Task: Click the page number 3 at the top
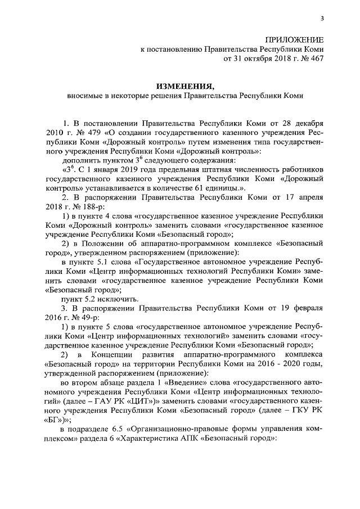coord(322,18)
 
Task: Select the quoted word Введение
coord(186,384)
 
